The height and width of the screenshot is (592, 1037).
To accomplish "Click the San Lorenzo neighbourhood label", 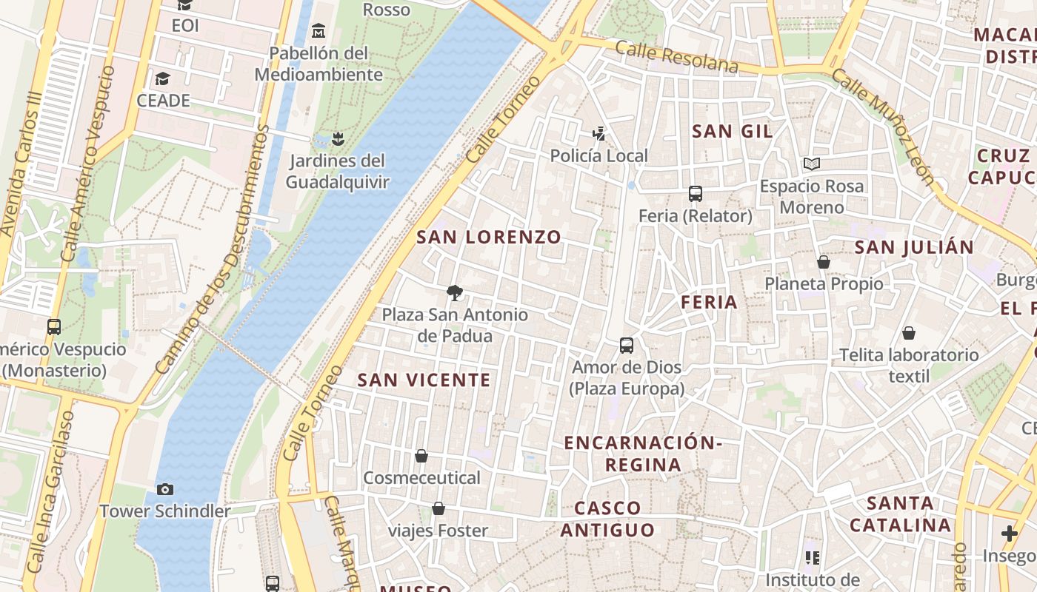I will coord(489,238).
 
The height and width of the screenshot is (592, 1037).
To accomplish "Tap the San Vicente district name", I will coord(424,380).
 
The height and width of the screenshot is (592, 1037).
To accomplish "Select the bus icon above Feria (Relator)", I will coord(695,194).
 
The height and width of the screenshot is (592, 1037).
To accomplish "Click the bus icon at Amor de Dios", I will coord(627,346).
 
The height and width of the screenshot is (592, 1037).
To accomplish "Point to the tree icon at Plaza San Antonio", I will coord(455,293).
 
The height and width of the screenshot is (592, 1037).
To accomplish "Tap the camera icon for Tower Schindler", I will coord(165,489).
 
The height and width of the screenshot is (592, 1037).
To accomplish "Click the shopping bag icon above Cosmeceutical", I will coord(421,456).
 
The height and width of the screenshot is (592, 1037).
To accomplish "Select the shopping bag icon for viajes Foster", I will coord(439,508).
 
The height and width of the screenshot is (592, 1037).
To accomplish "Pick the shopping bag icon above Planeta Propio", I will coord(823,262).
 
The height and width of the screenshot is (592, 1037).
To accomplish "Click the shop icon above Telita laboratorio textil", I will coord(908,333).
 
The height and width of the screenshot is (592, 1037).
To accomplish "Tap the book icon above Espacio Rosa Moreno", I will coord(812,164).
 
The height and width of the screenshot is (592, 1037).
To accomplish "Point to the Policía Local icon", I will coord(598,134).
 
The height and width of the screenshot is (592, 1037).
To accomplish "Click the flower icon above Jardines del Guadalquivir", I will coord(338,138).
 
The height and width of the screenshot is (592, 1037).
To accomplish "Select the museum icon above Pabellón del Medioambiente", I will coord(319,31).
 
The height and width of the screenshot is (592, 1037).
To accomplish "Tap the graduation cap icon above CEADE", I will coord(163,78).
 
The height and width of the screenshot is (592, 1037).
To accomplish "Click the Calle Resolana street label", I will coord(676,58).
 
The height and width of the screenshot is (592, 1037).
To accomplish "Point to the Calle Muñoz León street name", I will coord(881,126).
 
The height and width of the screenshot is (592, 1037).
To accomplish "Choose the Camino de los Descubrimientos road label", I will coord(211,248).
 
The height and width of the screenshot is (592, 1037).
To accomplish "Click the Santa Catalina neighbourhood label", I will coord(900,514).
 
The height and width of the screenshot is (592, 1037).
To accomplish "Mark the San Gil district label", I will coord(732,132).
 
